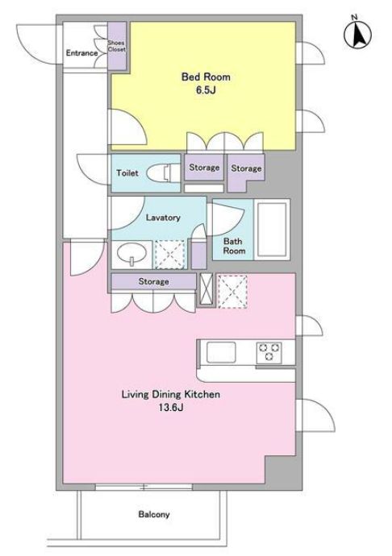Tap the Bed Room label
click(206, 77)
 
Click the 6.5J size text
click(206, 89)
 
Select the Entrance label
click(81, 53)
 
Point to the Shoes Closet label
click(117, 46)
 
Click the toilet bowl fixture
click(163, 173)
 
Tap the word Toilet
click(127, 173)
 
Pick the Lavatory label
click(163, 218)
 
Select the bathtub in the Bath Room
click(272, 230)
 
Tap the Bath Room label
click(234, 246)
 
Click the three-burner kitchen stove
click(269, 352)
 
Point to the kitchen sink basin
click(221, 352)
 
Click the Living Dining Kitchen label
click(171, 394)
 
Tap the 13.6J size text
click(171, 408)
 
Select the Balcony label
click(154, 514)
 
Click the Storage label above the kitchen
click(153, 281)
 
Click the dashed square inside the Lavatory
click(169, 254)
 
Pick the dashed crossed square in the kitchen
click(232, 292)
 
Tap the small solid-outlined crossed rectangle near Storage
click(206, 289)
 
